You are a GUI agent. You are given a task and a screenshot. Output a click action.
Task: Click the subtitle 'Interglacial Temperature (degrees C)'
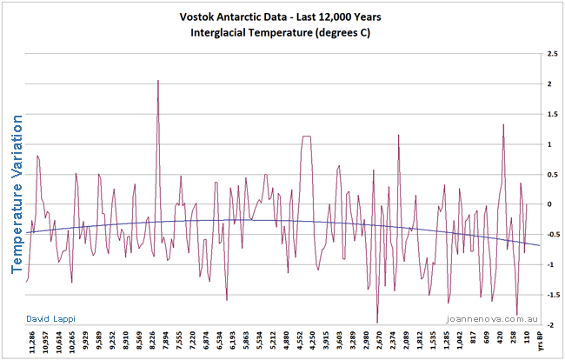282,34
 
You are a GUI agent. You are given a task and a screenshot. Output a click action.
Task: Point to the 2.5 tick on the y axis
551,54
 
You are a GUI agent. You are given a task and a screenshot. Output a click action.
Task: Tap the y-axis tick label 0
548,203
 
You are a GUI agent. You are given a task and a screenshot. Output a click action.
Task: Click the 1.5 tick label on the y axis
551,114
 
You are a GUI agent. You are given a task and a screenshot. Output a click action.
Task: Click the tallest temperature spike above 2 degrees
157,81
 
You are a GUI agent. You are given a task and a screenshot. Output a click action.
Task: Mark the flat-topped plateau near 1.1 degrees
306,137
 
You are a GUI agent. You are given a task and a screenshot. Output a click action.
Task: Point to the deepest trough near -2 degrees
377,322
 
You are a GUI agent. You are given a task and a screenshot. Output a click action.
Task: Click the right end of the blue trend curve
539,245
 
